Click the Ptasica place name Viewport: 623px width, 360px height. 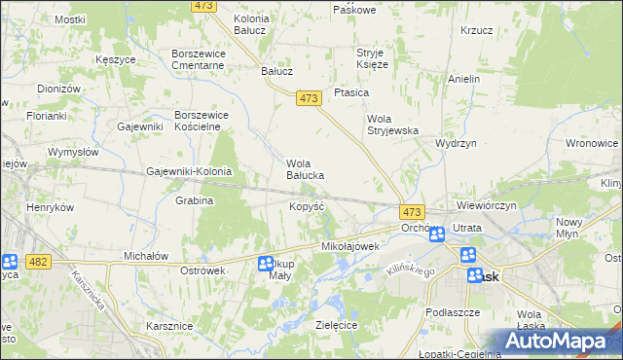pyautogui.click(x=350, y=92)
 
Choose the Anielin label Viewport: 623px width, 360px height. pyautogui.click(x=464, y=78)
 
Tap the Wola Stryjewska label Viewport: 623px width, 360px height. pyautogui.click(x=391, y=125)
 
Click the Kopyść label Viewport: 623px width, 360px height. pyautogui.click(x=307, y=207)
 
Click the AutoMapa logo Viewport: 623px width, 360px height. pyautogui.click(x=558, y=342)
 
